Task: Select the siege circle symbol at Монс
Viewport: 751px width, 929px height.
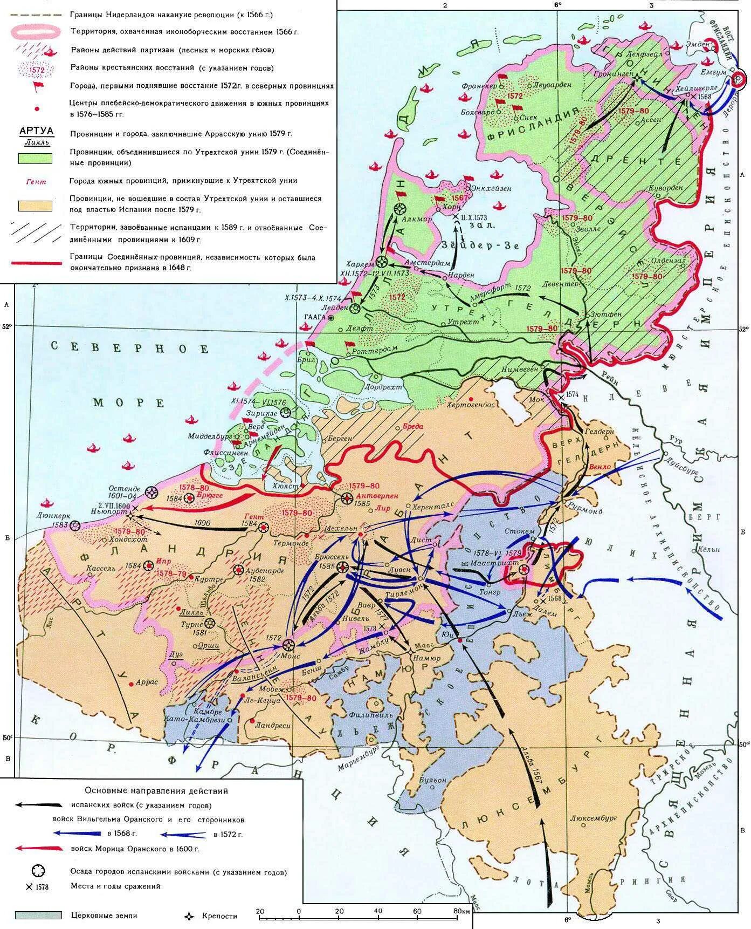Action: pyautogui.click(x=289, y=645)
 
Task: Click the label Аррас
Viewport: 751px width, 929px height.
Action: pyautogui.click(x=146, y=682)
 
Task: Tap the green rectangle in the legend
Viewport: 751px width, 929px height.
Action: pyautogui.click(x=35, y=158)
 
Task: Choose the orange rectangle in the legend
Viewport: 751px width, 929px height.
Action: pyautogui.click(x=35, y=206)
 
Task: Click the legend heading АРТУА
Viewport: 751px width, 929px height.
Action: pyautogui.click(x=36, y=131)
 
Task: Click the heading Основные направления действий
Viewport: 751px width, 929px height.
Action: pyautogui.click(x=156, y=791)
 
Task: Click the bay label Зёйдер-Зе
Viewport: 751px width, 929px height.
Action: pyautogui.click(x=479, y=245)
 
